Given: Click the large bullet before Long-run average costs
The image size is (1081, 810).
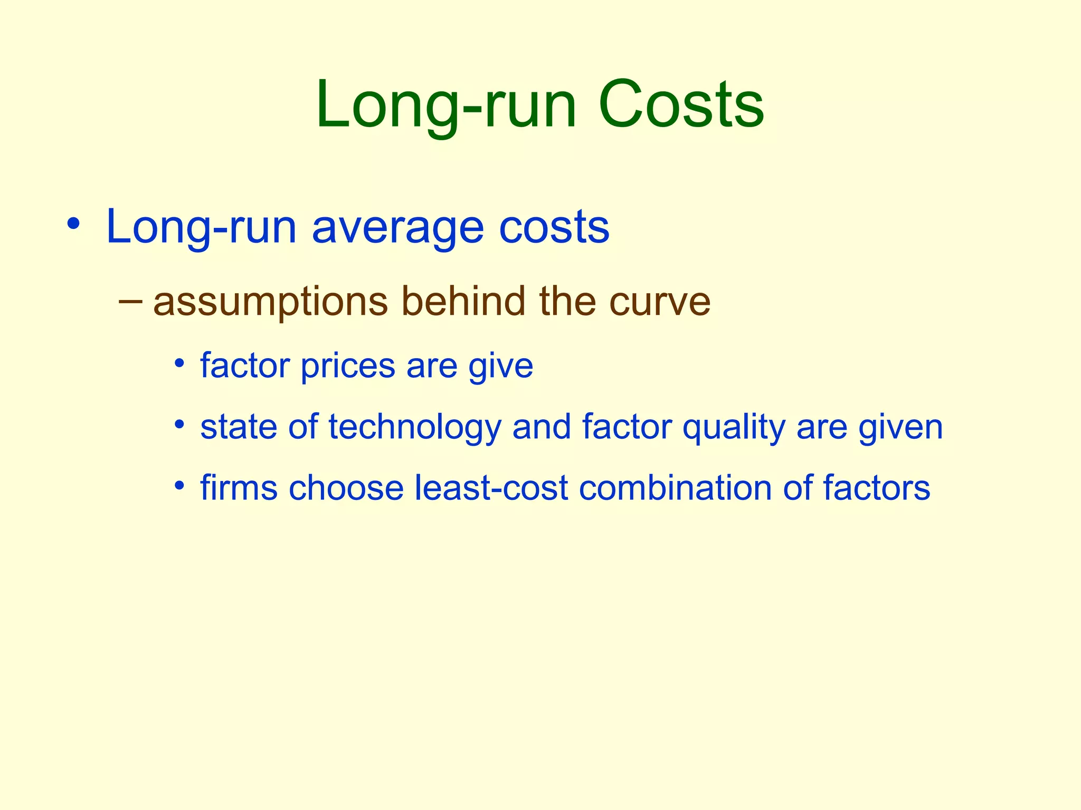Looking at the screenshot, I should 73,224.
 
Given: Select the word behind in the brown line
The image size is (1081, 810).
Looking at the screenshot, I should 463,301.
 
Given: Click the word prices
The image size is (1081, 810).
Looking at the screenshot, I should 347,366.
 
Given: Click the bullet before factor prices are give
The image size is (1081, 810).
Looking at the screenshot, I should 180,363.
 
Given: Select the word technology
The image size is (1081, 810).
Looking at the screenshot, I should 414,427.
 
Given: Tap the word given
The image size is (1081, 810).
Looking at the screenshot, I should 900,427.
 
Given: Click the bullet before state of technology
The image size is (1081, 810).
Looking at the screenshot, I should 180,424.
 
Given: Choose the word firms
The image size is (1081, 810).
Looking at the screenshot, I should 239,488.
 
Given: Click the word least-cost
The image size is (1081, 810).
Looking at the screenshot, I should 491,488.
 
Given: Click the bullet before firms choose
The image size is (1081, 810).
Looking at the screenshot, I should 180,485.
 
